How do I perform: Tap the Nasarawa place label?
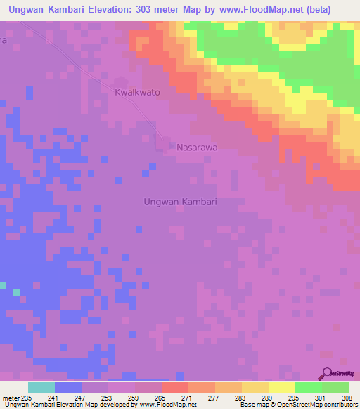(198, 148)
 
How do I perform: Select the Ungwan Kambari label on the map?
(180, 202)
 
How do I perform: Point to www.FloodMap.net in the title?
(266, 10)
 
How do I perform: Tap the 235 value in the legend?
(27, 397)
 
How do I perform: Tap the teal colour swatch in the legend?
(41, 387)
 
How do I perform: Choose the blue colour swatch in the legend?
(68, 387)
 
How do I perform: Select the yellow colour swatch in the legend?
(281, 387)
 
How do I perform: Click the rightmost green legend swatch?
(335, 387)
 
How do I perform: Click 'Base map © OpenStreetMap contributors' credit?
(297, 405)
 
